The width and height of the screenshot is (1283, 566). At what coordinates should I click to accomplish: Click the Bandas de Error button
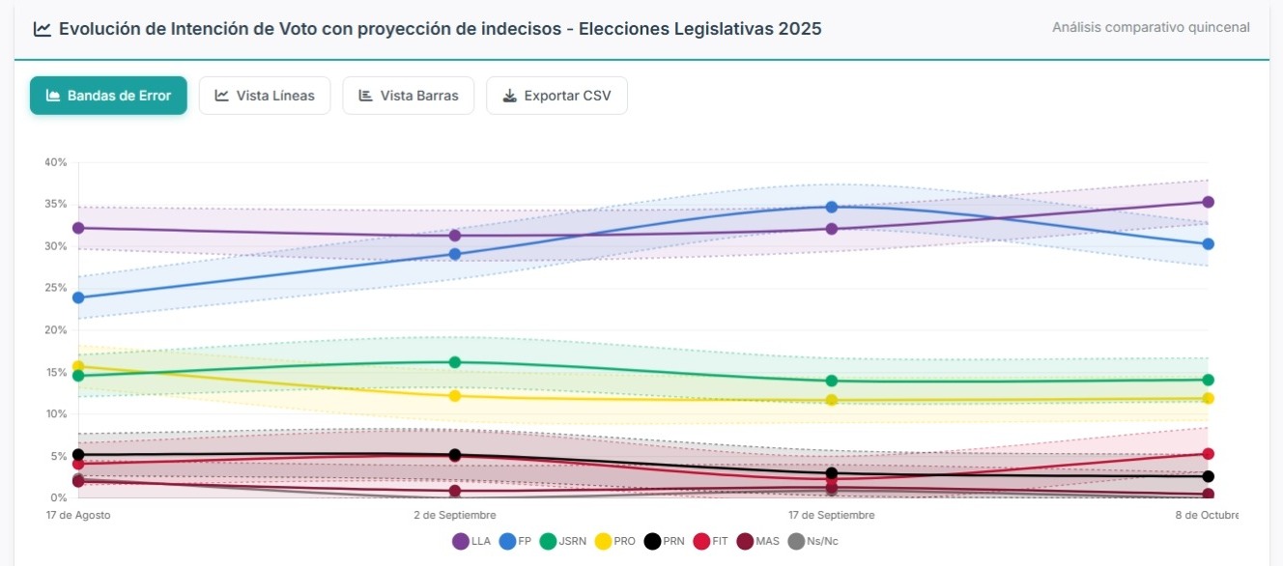click(x=108, y=96)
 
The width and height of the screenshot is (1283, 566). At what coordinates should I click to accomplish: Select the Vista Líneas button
click(x=265, y=96)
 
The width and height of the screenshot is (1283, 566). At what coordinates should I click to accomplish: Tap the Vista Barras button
click(x=408, y=96)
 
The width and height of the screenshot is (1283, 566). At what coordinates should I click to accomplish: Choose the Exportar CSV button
click(x=556, y=96)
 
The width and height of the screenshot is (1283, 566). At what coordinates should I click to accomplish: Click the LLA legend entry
click(x=471, y=542)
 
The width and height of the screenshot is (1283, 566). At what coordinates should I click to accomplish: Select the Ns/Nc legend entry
click(x=813, y=542)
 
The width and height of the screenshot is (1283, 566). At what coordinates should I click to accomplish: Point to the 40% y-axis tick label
click(x=55, y=162)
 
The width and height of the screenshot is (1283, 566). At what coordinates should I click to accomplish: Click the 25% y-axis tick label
click(x=55, y=288)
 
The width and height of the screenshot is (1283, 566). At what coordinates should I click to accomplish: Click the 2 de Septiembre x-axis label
click(x=455, y=515)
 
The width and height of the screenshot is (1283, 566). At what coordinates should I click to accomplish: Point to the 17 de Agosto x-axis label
click(x=78, y=515)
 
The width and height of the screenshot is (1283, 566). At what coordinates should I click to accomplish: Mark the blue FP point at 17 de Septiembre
click(x=831, y=207)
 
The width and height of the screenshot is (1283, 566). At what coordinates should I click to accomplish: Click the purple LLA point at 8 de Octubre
click(x=1208, y=202)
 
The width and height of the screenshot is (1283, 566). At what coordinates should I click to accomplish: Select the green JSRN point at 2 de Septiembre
click(x=455, y=362)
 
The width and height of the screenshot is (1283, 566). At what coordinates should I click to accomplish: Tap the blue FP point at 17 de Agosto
click(x=78, y=297)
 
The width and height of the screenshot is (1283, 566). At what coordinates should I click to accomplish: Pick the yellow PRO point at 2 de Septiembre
click(x=455, y=396)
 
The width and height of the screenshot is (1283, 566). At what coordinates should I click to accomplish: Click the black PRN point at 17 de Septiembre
click(x=831, y=473)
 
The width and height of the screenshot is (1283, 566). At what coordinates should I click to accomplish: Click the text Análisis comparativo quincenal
click(x=1151, y=27)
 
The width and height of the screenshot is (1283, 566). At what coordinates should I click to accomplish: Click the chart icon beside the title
click(x=42, y=29)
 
